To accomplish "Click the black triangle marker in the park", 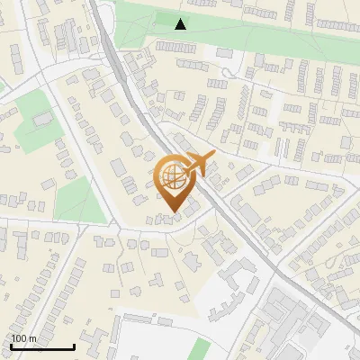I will pyautogui.click(x=181, y=24).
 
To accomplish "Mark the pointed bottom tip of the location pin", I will pyautogui.click(x=171, y=212).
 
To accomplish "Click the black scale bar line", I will pyautogui.click(x=42, y=346).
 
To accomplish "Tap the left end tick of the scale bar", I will pyautogui.click(x=11, y=345).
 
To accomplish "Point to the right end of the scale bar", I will pyautogui.click(x=74, y=345).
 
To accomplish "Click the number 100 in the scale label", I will pyautogui.click(x=20, y=338).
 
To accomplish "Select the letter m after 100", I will pyautogui.click(x=32, y=339).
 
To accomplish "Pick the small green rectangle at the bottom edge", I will pyautogui.click(x=202, y=350).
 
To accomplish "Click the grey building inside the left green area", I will pyautogui.click(x=40, y=119).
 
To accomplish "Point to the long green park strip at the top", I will pyautogui.click(x=270, y=36).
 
